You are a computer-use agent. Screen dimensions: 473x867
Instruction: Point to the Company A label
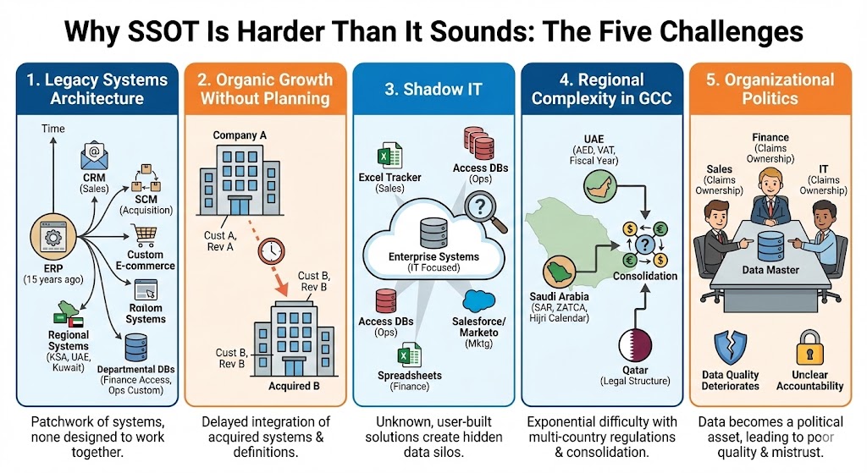pos(240,135)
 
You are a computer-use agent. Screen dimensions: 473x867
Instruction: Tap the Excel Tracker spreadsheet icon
pos(383,157)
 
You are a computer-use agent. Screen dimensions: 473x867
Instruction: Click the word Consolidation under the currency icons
pos(644,276)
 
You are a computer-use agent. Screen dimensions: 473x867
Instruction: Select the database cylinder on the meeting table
pos(769,245)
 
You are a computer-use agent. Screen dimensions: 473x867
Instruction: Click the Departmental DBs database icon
pos(135,347)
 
